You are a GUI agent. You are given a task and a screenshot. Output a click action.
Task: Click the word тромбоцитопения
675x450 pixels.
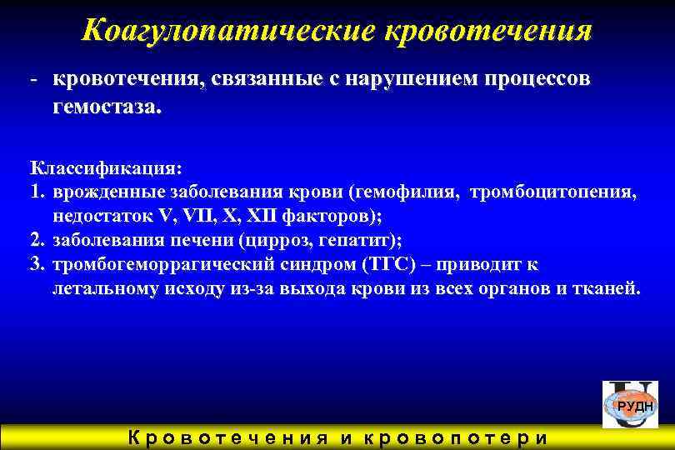pos(555,193)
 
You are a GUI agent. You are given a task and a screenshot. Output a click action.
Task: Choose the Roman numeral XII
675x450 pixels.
pos(265,217)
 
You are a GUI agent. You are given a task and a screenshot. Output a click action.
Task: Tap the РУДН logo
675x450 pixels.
pos(632,405)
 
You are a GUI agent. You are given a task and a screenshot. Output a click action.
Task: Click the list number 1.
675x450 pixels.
pos(36,193)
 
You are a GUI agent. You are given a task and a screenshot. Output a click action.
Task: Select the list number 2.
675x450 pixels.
pos(36,241)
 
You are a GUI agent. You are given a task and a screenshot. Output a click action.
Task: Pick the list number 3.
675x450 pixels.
pos(36,265)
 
